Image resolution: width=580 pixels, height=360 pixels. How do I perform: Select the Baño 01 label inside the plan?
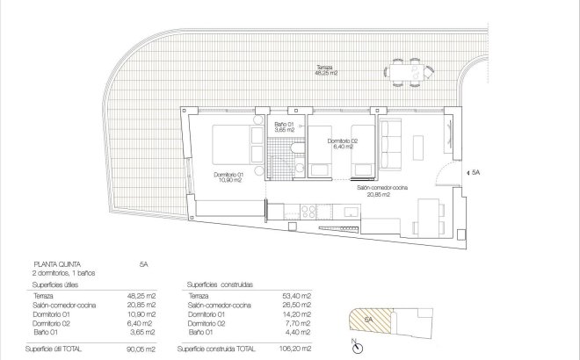[284, 127]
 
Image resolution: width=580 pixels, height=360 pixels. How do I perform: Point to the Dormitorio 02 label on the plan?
[343, 144]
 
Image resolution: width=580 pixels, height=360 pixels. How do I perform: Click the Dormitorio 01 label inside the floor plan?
[230, 178]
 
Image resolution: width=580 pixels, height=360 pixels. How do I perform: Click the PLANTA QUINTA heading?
[54, 263]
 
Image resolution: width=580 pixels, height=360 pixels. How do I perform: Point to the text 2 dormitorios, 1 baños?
[62, 273]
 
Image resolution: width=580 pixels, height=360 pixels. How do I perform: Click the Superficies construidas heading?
[221, 285]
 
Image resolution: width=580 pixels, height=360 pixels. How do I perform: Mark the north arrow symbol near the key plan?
[354, 343]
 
